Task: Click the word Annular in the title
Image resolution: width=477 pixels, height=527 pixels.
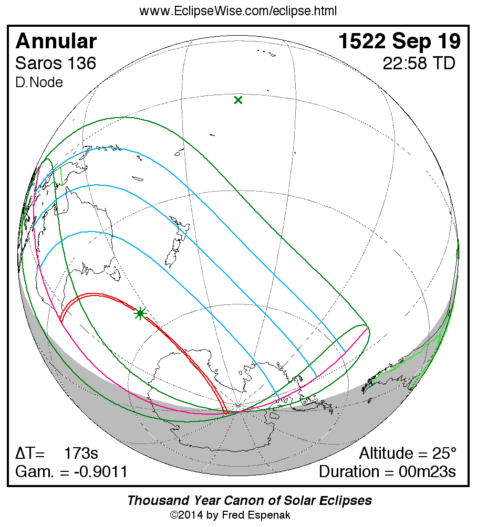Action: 56,41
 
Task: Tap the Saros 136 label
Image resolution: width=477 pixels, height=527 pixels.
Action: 56,64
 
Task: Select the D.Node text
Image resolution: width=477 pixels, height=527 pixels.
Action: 39,83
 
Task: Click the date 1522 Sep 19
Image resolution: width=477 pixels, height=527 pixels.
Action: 399,41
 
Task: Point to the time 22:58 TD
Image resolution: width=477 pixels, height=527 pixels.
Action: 419,64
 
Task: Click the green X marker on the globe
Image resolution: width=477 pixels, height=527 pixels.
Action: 238,100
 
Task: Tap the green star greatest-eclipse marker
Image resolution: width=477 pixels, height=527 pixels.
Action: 140,314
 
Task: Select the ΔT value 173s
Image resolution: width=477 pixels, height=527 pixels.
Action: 81,453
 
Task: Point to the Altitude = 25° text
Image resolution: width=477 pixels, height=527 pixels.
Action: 408,453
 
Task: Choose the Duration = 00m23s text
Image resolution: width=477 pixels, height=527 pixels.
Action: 387,471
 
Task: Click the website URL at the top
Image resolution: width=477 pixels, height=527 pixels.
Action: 238,11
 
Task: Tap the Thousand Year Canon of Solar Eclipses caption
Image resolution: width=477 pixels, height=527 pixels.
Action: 250,500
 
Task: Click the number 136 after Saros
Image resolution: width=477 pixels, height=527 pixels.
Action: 81,64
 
